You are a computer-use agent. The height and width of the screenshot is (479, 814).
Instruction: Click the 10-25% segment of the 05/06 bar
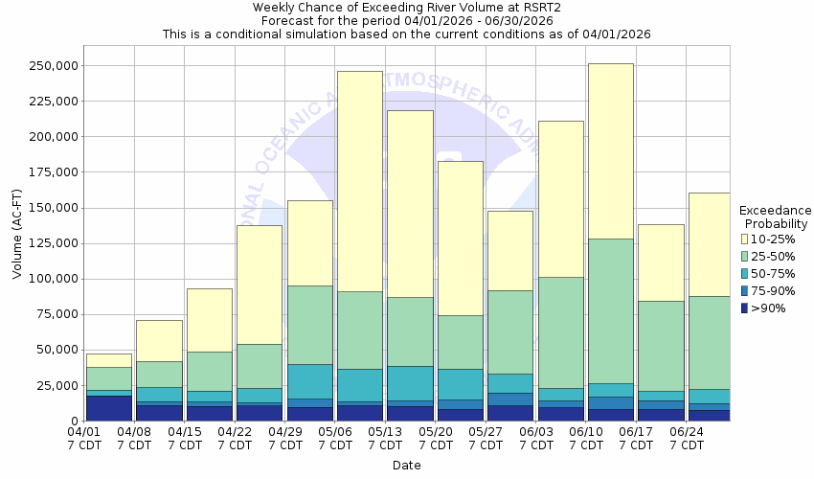(x=359, y=181)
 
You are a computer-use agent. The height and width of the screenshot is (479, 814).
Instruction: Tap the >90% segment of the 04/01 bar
(x=108, y=408)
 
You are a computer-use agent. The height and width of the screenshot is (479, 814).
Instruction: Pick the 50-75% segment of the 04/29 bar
(x=309, y=381)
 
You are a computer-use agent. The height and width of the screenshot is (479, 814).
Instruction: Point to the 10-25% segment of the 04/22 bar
(x=259, y=285)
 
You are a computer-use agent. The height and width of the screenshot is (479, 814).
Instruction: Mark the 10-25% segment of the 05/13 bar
(x=410, y=204)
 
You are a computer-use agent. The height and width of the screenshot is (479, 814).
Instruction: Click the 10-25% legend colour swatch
(x=745, y=238)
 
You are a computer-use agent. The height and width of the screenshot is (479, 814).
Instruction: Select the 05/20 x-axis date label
(x=436, y=438)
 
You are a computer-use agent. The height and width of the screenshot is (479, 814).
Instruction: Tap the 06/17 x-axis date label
(x=636, y=438)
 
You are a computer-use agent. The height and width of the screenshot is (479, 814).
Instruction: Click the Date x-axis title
(x=406, y=466)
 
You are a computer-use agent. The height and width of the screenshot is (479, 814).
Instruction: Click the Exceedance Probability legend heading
(x=775, y=217)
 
